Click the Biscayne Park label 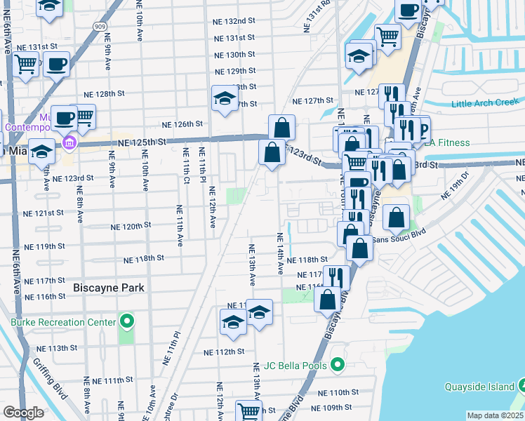pyautogui.click(x=109, y=288)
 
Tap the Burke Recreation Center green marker pyautogui.click(x=126, y=322)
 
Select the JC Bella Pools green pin pyautogui.click(x=338, y=366)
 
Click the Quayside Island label pyautogui.click(x=480, y=387)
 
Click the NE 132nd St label pyautogui.click(x=234, y=22)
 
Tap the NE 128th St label pyautogui.click(x=105, y=93)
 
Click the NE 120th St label pyautogui.click(x=131, y=227)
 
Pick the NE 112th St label pyautogui.click(x=224, y=352)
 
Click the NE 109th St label pyautogui.click(x=332, y=408)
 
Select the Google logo pyautogui.click(x=23, y=413)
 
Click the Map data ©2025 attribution pyautogui.click(x=495, y=415)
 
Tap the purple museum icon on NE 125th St pyautogui.click(x=69, y=144)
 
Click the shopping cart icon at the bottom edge pyautogui.click(x=248, y=412)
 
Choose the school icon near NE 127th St pyautogui.click(x=224, y=99)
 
